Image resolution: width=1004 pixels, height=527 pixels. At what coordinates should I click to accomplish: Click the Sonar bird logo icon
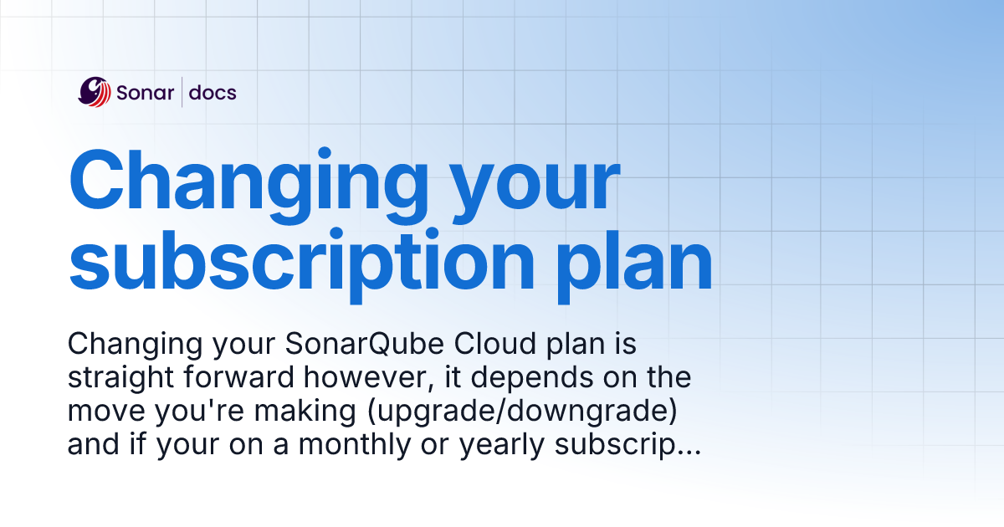click(x=95, y=92)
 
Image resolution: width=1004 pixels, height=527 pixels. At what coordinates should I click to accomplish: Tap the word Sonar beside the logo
click(x=145, y=93)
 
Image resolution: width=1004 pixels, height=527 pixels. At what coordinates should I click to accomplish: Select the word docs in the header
click(x=213, y=93)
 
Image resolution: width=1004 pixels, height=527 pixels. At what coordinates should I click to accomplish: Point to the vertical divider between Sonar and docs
click(x=182, y=92)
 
